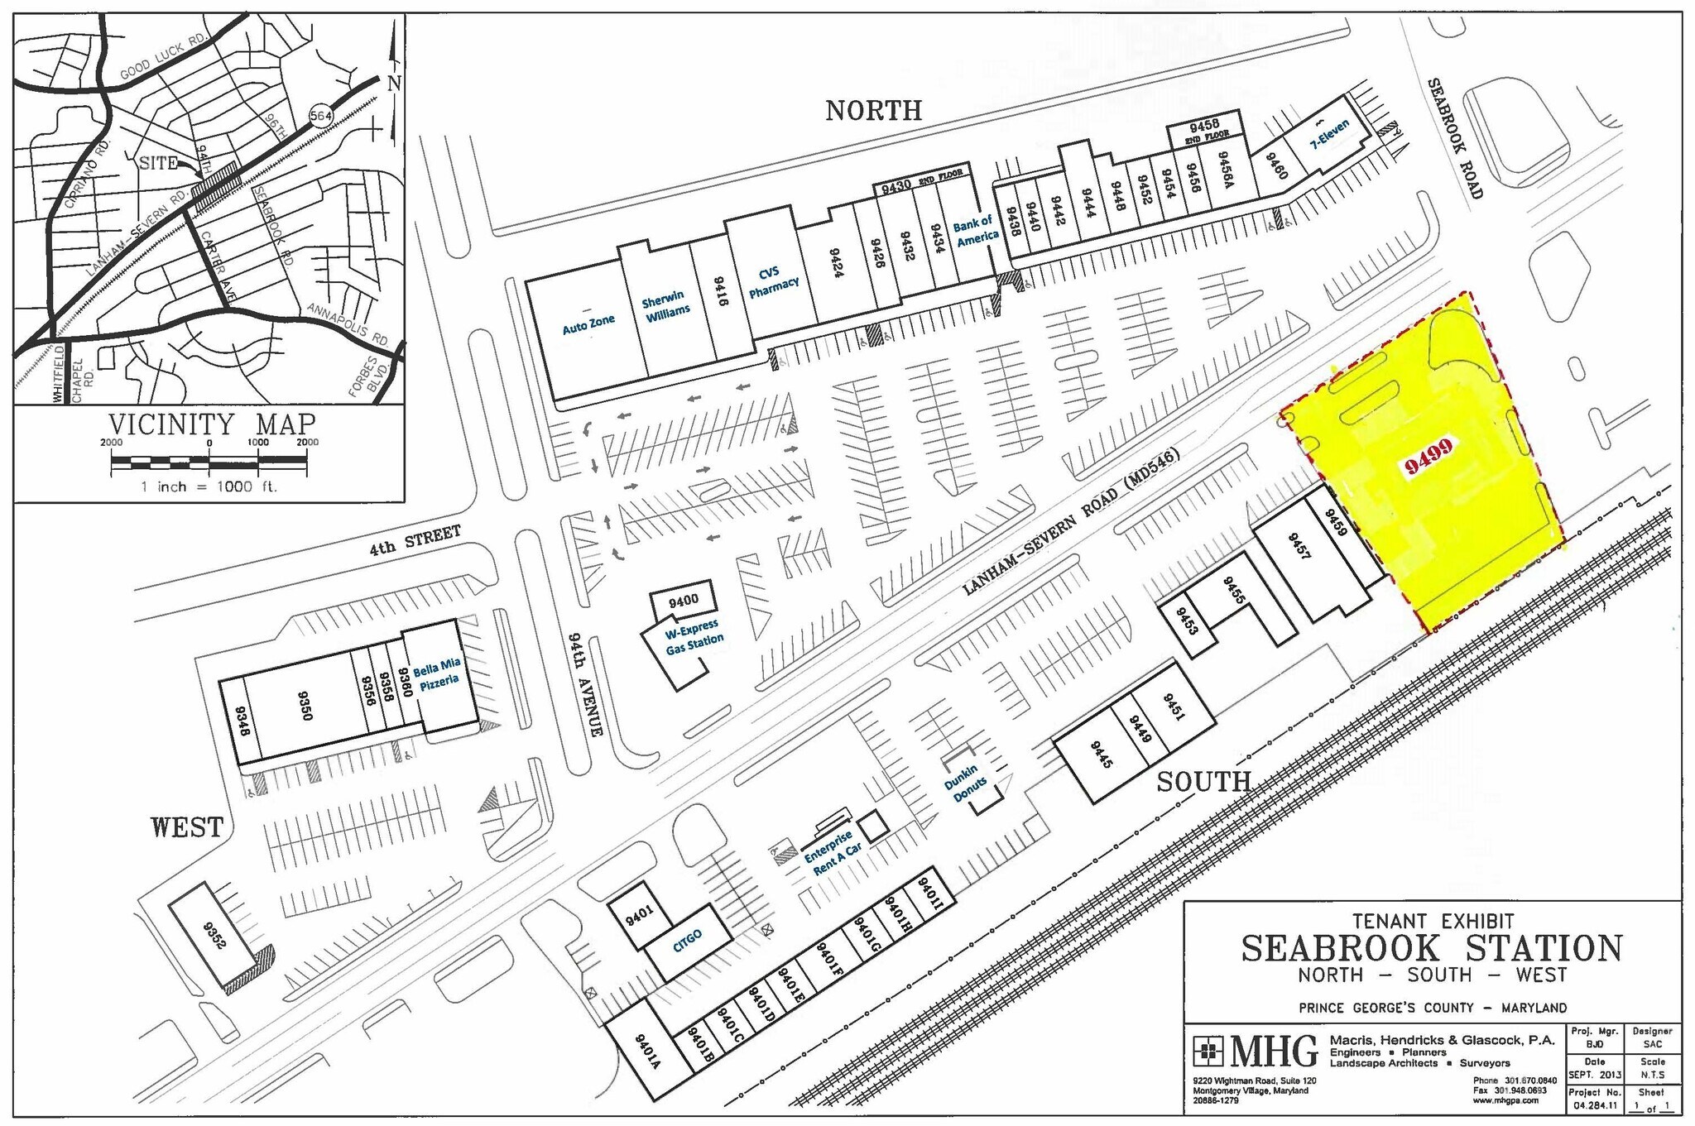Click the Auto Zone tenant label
pyautogui.click(x=588, y=323)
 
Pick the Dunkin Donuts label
pyautogui.click(x=966, y=783)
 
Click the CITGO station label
pyautogui.click(x=688, y=941)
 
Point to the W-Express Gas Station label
pyautogui.click(x=694, y=637)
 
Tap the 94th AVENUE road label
pyautogui.click(x=584, y=684)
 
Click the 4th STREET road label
pyautogui.click(x=415, y=539)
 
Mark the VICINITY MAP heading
pyautogui.click(x=213, y=424)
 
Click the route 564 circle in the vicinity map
pyautogui.click(x=321, y=116)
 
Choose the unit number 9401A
pyautogui.click(x=647, y=1052)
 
